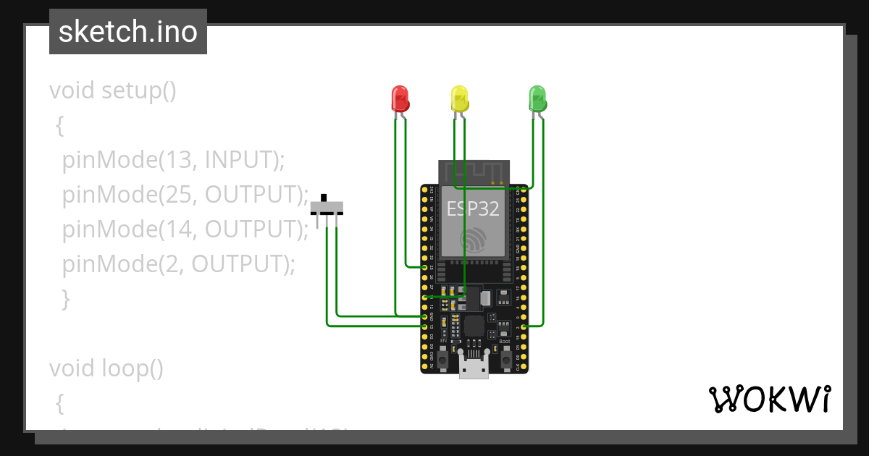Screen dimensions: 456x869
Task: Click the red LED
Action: point(400,98)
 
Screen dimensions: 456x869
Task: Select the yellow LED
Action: point(459,98)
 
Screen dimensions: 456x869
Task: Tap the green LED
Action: point(537,98)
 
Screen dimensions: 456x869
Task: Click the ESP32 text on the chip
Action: point(473,209)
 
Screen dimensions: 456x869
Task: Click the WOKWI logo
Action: point(769,399)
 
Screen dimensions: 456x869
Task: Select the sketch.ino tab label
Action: point(128,32)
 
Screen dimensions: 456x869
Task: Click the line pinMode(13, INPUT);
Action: point(173,159)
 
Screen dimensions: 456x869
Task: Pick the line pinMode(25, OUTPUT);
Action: point(185,194)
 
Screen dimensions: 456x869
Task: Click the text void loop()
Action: point(106,368)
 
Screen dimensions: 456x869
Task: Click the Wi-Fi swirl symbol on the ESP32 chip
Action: point(474,241)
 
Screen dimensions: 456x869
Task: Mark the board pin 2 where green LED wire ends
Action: point(524,326)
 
